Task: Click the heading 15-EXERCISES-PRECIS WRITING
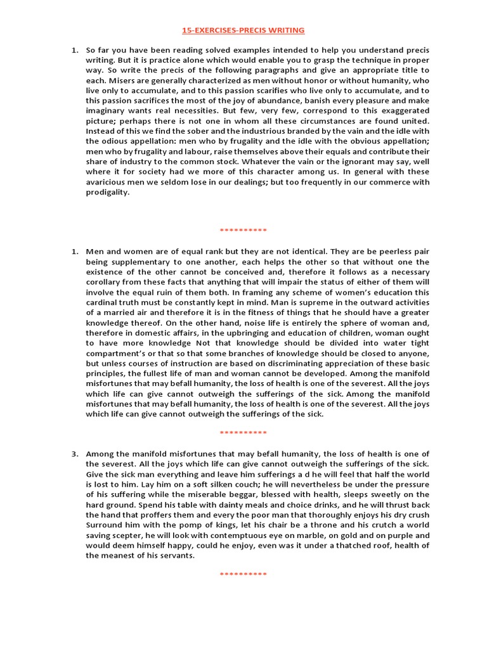coord(243,30)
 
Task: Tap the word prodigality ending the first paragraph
coord(107,192)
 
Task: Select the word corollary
coord(107,282)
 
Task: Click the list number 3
coord(75,454)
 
